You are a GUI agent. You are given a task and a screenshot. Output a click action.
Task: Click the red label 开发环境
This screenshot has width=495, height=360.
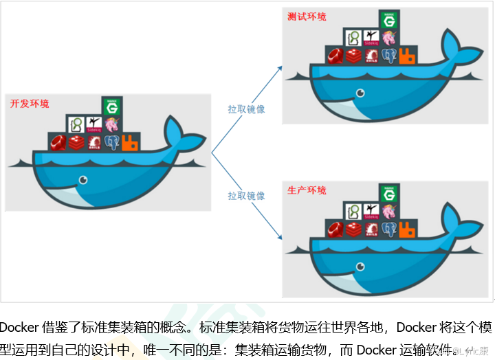point(30,104)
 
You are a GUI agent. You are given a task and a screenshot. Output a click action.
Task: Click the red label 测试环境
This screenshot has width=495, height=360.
point(307,16)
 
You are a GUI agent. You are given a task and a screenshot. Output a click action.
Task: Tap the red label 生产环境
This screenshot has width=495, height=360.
point(307,190)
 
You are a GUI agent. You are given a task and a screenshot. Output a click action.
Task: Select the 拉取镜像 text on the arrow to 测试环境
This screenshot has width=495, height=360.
point(247,109)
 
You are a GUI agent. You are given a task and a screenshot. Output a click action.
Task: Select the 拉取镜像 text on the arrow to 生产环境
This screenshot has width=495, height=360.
point(247,196)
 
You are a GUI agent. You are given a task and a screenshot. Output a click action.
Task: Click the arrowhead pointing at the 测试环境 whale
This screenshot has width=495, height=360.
point(280,67)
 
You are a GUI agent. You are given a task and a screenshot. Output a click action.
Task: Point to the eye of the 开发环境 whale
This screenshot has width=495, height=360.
point(82,180)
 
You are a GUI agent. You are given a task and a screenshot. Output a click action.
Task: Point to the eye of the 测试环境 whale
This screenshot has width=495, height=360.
point(360,92)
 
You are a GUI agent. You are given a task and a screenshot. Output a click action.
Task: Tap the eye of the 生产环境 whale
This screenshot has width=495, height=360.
point(360,266)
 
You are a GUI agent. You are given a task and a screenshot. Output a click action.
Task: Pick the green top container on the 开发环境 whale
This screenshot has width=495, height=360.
point(111,106)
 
